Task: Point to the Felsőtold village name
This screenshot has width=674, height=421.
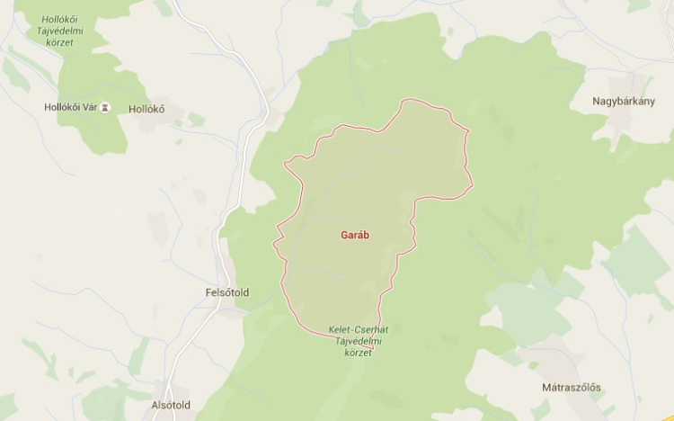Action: coord(226,293)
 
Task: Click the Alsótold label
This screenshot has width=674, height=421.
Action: coord(180,407)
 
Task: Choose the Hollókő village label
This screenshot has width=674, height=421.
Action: coord(148,110)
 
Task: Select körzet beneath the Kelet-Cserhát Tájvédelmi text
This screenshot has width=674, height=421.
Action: coord(358,354)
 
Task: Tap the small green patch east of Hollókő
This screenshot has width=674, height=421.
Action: coord(196,120)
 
